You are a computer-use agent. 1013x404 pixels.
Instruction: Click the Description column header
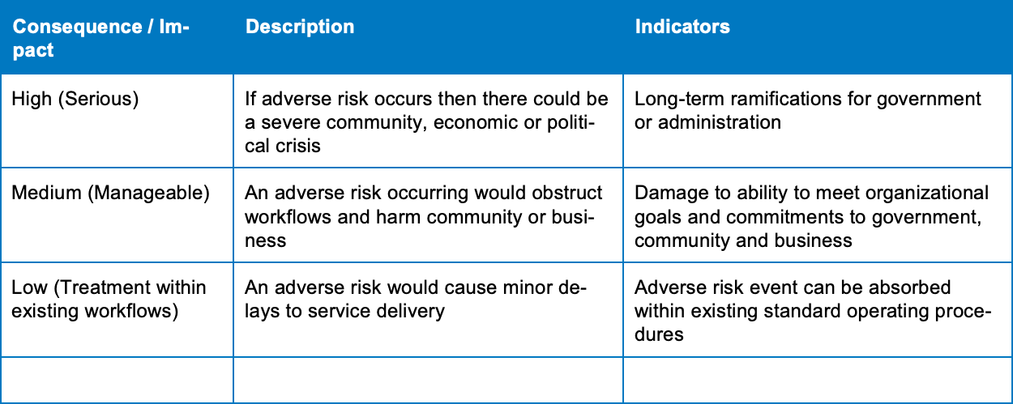(300, 27)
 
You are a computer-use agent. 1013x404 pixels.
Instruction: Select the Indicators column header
(682, 27)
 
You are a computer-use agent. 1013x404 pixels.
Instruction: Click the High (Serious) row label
(75, 99)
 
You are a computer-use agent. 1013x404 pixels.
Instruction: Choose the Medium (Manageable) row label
(110, 193)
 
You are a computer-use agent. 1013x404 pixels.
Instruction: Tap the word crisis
(299, 146)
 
